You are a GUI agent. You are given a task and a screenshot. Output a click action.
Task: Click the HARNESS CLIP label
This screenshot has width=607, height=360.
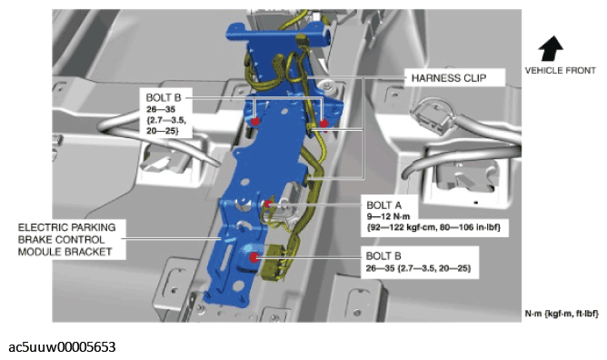point(449,78)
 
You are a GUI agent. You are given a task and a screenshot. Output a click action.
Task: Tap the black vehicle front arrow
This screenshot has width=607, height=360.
point(551,48)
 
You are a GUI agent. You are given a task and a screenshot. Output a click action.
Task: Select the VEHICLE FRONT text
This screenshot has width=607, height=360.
point(560,70)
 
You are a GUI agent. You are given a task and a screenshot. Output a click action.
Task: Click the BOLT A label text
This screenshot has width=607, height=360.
point(384,205)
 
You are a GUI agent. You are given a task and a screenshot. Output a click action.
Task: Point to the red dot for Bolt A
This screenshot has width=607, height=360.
point(268,204)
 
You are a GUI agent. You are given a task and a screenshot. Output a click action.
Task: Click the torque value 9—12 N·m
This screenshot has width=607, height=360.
point(388,216)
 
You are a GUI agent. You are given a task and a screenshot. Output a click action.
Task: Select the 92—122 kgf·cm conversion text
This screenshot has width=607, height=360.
point(401,227)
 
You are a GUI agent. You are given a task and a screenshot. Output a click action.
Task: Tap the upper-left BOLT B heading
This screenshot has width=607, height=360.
point(164,97)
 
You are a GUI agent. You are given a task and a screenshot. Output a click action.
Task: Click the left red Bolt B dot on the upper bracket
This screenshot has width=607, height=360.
point(255,122)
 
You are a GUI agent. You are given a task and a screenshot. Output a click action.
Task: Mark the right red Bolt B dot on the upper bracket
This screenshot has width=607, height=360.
point(323,124)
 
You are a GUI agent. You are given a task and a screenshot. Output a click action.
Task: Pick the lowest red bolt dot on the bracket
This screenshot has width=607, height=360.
point(254,257)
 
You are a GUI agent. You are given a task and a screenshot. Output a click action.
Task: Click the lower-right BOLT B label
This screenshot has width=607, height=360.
point(383,255)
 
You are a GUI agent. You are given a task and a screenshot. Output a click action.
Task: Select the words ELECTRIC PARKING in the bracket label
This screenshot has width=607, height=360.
point(67,227)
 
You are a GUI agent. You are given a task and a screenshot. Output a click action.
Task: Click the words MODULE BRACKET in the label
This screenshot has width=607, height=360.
point(65,252)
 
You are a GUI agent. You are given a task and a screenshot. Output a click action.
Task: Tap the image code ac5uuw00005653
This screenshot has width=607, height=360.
point(62,347)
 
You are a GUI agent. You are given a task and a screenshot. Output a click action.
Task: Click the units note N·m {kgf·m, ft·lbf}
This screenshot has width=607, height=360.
point(562,314)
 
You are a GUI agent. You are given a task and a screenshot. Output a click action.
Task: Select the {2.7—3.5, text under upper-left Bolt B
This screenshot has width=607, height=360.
point(166,120)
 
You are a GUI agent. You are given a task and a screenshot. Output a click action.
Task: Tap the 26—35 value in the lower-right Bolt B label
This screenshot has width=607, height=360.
point(380,268)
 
